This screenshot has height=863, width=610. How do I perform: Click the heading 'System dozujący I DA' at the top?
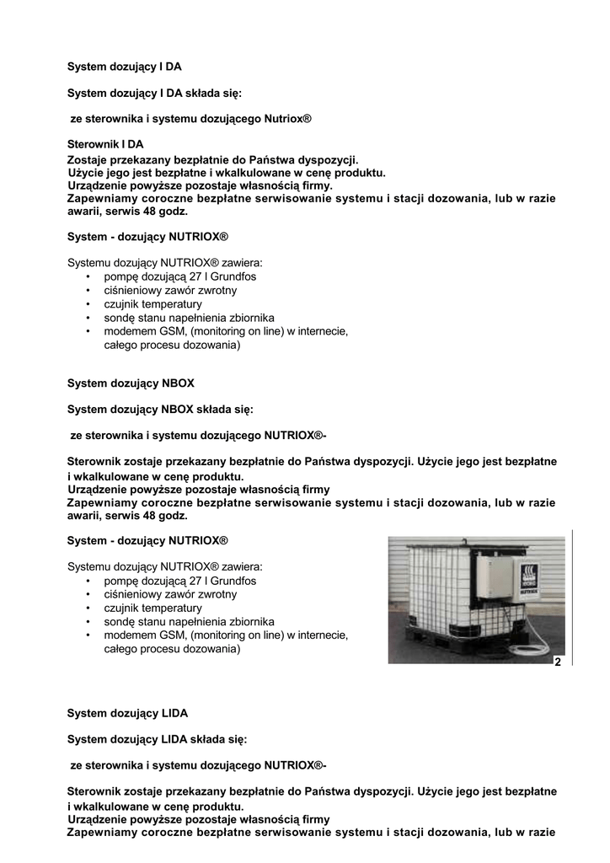[x=124, y=66]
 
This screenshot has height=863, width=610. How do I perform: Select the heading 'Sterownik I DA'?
[x=105, y=145]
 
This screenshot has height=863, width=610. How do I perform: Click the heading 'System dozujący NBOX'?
[x=131, y=383]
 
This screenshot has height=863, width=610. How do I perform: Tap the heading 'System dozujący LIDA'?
[x=127, y=713]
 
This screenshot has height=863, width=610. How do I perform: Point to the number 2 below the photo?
[x=557, y=663]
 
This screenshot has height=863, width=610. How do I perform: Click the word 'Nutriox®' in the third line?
[x=288, y=120]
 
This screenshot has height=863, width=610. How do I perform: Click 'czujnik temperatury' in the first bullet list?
[x=152, y=304]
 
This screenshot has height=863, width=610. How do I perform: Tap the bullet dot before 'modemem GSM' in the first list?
[x=89, y=332]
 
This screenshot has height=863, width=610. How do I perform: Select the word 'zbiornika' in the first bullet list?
[x=250, y=318]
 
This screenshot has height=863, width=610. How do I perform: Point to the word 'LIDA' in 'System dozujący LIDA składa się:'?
[x=174, y=739]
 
